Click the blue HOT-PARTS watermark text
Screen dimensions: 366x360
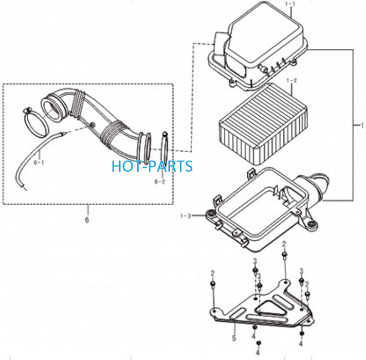152,166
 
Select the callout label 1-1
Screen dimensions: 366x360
290,4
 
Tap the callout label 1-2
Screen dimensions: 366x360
291,81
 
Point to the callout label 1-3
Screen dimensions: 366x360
186,215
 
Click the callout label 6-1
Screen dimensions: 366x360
39,163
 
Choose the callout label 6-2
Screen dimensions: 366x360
160,182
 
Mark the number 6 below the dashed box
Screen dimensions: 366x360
87,220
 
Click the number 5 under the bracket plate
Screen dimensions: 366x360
234,338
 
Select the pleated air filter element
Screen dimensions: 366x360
263,124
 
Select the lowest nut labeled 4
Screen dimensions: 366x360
259,343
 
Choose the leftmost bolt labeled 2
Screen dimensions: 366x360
213,284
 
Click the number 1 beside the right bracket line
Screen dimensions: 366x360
362,125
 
